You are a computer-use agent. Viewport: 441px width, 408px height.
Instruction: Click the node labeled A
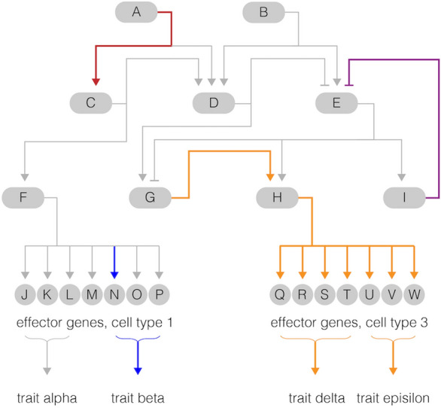tap(136, 12)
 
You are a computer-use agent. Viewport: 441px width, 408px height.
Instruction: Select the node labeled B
tap(263, 12)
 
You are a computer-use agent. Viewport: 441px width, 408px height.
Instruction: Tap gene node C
tap(91, 103)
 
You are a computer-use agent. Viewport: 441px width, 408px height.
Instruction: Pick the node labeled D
tap(214, 103)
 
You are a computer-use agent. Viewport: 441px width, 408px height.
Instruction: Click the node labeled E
tap(336, 103)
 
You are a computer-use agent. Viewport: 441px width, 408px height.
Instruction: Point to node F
tap(23, 197)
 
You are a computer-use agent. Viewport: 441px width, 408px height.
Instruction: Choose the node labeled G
tap(151, 197)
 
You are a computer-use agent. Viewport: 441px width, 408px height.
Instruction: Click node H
tap(277, 197)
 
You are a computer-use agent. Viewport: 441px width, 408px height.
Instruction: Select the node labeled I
tap(404, 197)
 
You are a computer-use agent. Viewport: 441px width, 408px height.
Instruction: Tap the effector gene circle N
tap(114, 294)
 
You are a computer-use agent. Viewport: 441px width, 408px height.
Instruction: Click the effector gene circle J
tap(25, 294)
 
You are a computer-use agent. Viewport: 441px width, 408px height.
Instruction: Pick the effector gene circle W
tap(414, 294)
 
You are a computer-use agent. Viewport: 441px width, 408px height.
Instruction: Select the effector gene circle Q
tap(280, 294)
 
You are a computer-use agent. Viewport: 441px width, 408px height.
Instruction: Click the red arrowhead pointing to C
tap(96, 82)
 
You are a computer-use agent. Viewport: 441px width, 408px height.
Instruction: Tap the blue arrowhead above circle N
tap(114, 276)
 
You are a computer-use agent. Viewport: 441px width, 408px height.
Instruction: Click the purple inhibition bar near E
tap(349, 85)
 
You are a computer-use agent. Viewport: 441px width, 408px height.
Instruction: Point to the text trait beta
tap(138, 398)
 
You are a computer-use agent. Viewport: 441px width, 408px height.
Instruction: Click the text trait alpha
tap(47, 398)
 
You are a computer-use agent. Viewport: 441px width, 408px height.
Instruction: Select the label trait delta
tap(317, 398)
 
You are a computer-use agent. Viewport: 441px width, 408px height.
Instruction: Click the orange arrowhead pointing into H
tap(270, 177)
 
